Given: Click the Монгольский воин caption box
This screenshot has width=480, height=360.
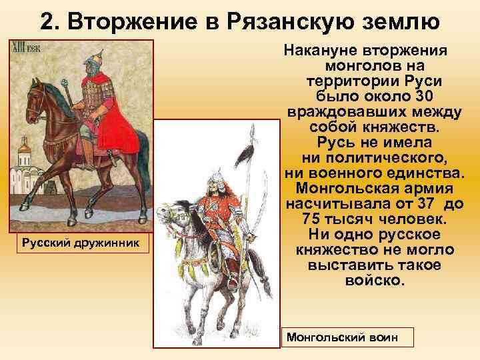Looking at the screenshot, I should click(347, 337).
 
